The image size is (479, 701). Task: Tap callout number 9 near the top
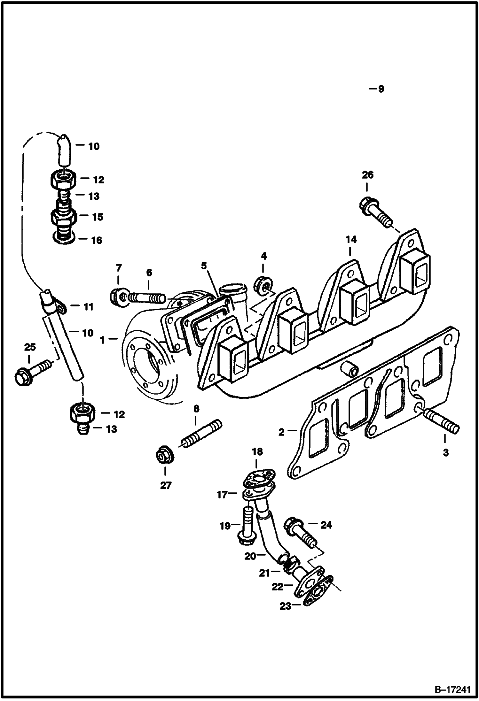[381, 89]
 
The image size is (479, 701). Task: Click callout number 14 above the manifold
[351, 240]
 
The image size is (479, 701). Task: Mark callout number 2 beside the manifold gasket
[281, 432]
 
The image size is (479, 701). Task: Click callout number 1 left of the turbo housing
[102, 341]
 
